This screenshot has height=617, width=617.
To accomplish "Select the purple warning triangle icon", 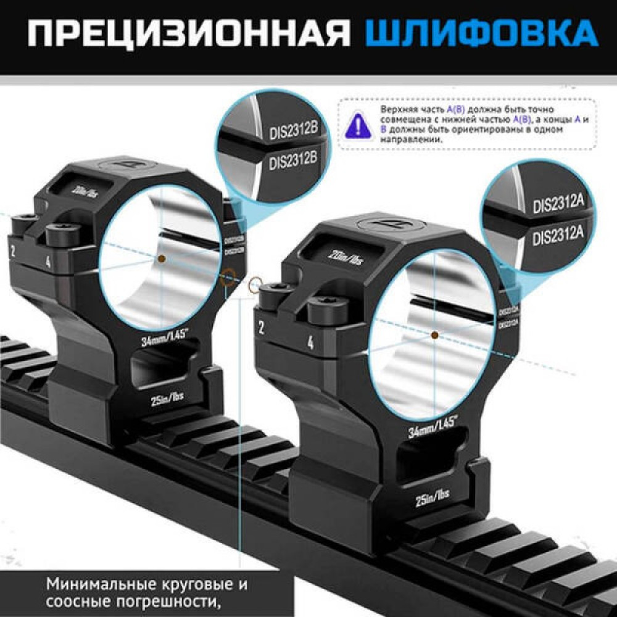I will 357,123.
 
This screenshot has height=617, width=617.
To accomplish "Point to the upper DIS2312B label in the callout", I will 294,130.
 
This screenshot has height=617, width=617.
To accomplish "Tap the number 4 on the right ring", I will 310,342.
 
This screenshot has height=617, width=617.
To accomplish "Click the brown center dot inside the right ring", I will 435,335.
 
